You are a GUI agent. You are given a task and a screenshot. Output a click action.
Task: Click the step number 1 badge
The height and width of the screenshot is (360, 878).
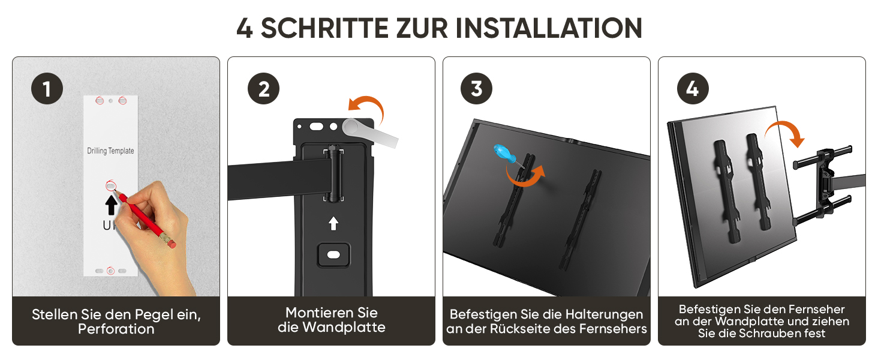click(47, 88)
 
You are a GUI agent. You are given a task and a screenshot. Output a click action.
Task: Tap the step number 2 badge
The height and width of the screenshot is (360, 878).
click(263, 88)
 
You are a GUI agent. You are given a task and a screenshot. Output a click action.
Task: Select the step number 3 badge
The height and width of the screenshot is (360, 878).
click(476, 88)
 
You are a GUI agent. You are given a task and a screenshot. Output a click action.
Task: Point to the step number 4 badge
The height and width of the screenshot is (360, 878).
click(693, 88)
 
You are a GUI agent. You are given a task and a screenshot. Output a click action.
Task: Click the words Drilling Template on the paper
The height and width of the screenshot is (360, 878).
click(110, 151)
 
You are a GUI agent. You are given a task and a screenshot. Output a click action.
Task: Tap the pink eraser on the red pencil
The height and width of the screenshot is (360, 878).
click(171, 243)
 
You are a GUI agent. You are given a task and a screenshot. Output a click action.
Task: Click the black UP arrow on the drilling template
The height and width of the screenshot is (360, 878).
click(112, 205)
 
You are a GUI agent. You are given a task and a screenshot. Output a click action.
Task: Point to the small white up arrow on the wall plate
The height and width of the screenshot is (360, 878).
click(333, 224)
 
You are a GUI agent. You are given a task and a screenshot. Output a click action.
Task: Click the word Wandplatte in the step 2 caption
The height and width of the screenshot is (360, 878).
click(344, 327)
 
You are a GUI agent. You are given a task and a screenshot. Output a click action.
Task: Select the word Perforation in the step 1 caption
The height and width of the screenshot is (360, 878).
click(116, 329)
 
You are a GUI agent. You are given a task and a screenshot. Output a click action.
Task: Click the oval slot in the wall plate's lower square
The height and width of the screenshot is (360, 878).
click(333, 255)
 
